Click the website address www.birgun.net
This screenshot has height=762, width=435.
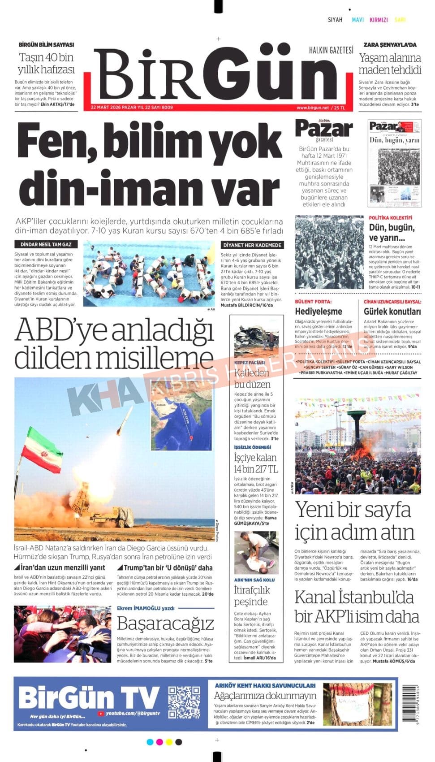click(x=312, y=108)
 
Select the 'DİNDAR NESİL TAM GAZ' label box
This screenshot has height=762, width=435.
click(x=46, y=245)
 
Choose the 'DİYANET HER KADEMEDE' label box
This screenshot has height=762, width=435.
click(x=252, y=245)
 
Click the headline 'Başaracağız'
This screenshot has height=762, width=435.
click(x=165, y=623)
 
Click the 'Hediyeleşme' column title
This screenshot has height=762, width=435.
click(x=319, y=312)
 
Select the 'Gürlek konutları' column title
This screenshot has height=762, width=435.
click(x=392, y=312)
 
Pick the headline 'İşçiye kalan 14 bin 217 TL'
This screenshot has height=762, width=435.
click(x=255, y=463)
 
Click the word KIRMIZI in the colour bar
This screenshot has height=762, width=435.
click(x=379, y=20)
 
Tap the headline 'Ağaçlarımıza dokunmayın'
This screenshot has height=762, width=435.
click(x=265, y=696)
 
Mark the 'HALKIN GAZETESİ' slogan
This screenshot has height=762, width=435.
click(x=331, y=50)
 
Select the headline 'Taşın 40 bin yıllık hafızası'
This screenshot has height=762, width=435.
click(x=46, y=63)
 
